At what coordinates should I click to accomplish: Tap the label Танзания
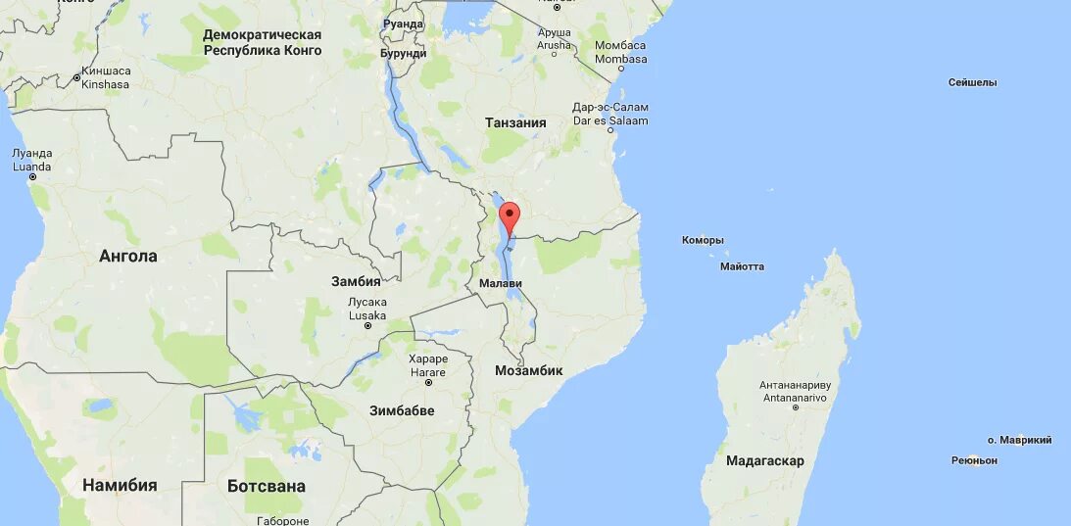point(515,123)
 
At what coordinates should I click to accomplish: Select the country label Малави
point(501,284)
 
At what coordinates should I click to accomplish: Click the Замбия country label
point(356,281)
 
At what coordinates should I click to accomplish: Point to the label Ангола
point(128,257)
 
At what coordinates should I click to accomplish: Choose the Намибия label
point(120,485)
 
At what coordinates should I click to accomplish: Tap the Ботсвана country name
point(266,486)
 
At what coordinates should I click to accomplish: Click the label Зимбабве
point(402,410)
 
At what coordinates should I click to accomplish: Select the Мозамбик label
point(528,371)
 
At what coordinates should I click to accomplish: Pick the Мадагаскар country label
point(765,460)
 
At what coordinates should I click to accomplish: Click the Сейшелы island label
point(972,83)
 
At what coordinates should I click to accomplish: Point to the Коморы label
point(703,240)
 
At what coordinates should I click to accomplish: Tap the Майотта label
point(742,266)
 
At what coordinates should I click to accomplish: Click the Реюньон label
point(974,460)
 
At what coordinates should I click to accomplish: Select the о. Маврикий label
point(1019,441)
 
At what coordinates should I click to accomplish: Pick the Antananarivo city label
point(794,398)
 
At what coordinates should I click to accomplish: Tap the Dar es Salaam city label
point(610,120)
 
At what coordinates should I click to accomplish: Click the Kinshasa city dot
point(77,77)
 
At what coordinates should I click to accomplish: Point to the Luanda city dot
point(32,177)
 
